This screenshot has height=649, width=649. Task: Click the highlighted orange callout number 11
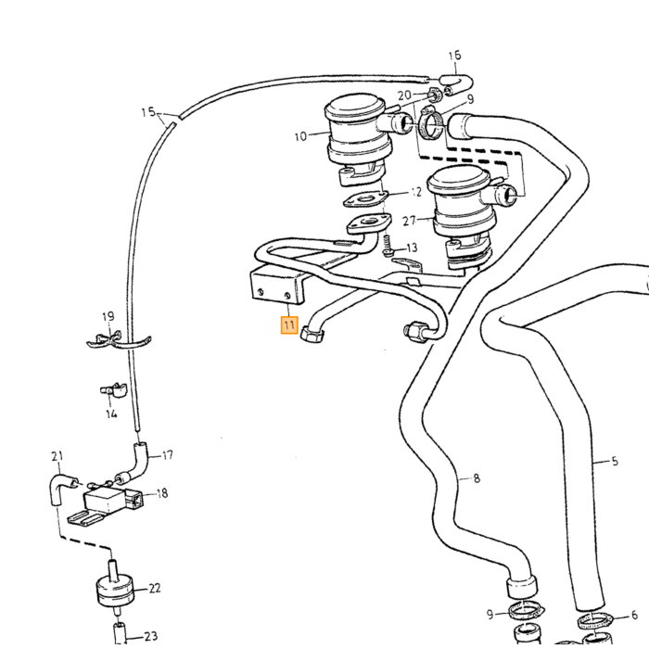289,324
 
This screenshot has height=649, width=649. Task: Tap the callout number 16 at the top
454,55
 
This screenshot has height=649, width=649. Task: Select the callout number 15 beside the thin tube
148,112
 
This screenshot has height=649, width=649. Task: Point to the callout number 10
301,136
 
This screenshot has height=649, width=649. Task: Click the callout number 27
409,221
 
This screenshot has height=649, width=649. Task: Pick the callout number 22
155,588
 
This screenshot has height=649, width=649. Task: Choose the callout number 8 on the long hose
477,478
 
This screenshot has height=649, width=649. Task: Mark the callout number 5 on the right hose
614,461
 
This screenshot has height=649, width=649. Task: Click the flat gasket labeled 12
365,199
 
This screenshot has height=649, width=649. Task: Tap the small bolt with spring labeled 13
388,247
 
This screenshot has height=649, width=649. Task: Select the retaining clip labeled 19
118,339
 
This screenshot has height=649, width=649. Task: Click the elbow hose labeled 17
135,463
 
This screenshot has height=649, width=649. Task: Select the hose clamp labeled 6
594,620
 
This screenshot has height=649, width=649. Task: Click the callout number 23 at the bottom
150,635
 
